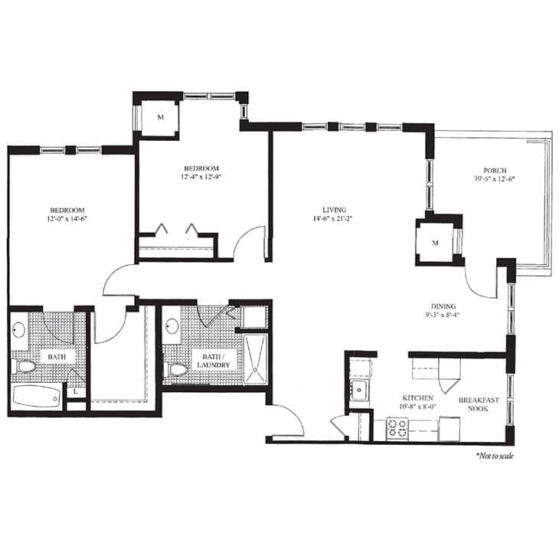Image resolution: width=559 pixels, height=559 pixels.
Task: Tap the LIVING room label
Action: point(335,209)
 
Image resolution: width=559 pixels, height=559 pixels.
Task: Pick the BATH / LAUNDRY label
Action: point(201,360)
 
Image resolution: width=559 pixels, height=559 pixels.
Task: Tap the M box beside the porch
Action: point(434,242)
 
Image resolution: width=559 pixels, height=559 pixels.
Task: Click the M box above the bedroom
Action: point(161,117)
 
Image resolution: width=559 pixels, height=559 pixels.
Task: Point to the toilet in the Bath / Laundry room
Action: point(177,370)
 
